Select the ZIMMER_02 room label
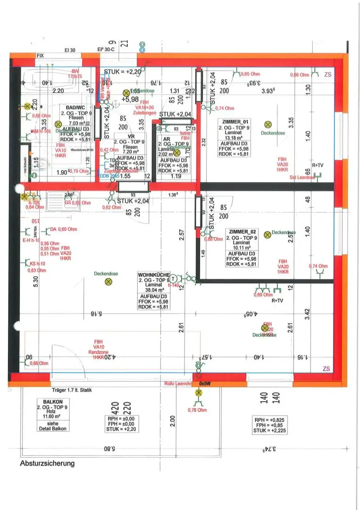pos(242,232)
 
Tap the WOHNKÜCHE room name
pos(153,274)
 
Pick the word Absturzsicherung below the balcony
pos(47,463)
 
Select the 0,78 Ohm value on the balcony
pos(197,410)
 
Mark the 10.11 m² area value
pos(242,246)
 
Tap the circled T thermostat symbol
pos(172,279)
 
